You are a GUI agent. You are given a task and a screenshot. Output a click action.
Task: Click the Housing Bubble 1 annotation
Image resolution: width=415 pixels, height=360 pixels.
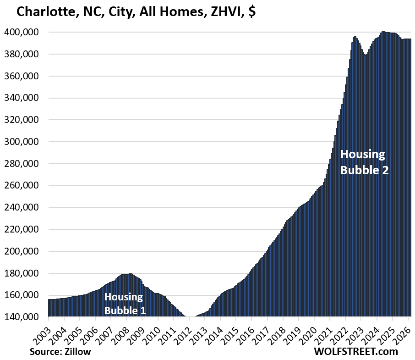click(x=125, y=303)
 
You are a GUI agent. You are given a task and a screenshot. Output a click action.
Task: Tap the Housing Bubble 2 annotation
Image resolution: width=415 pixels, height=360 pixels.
click(x=364, y=162)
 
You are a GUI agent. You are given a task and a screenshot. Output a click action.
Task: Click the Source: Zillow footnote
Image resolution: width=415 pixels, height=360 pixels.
click(x=60, y=352)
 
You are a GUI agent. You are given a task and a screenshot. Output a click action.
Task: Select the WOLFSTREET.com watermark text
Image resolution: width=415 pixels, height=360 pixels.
click(x=356, y=352)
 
